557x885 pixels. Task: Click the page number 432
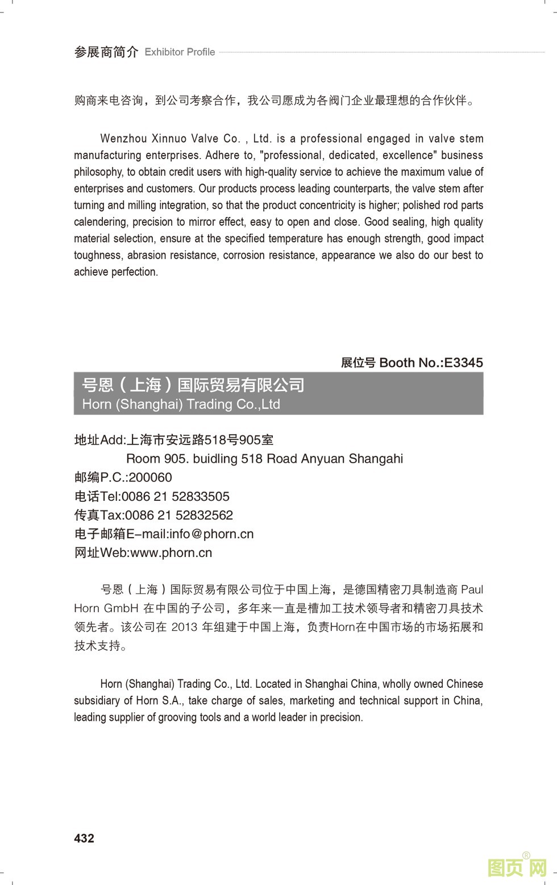tap(84, 838)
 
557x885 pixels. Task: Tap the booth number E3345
tap(463, 363)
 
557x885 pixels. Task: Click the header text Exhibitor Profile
tap(180, 52)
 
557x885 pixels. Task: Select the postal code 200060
tap(150, 477)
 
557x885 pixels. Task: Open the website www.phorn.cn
tap(171, 552)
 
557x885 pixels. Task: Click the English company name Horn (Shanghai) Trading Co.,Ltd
tap(181, 404)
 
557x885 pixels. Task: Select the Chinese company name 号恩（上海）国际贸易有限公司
tap(193, 385)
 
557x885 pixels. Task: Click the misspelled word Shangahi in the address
tap(376, 459)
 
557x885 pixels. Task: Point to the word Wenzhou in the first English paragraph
tap(122, 139)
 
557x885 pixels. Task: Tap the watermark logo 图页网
tap(517, 867)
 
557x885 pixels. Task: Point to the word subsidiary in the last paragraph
tap(97, 700)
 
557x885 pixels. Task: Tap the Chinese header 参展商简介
tap(106, 52)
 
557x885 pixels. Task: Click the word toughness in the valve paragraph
tap(97, 255)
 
